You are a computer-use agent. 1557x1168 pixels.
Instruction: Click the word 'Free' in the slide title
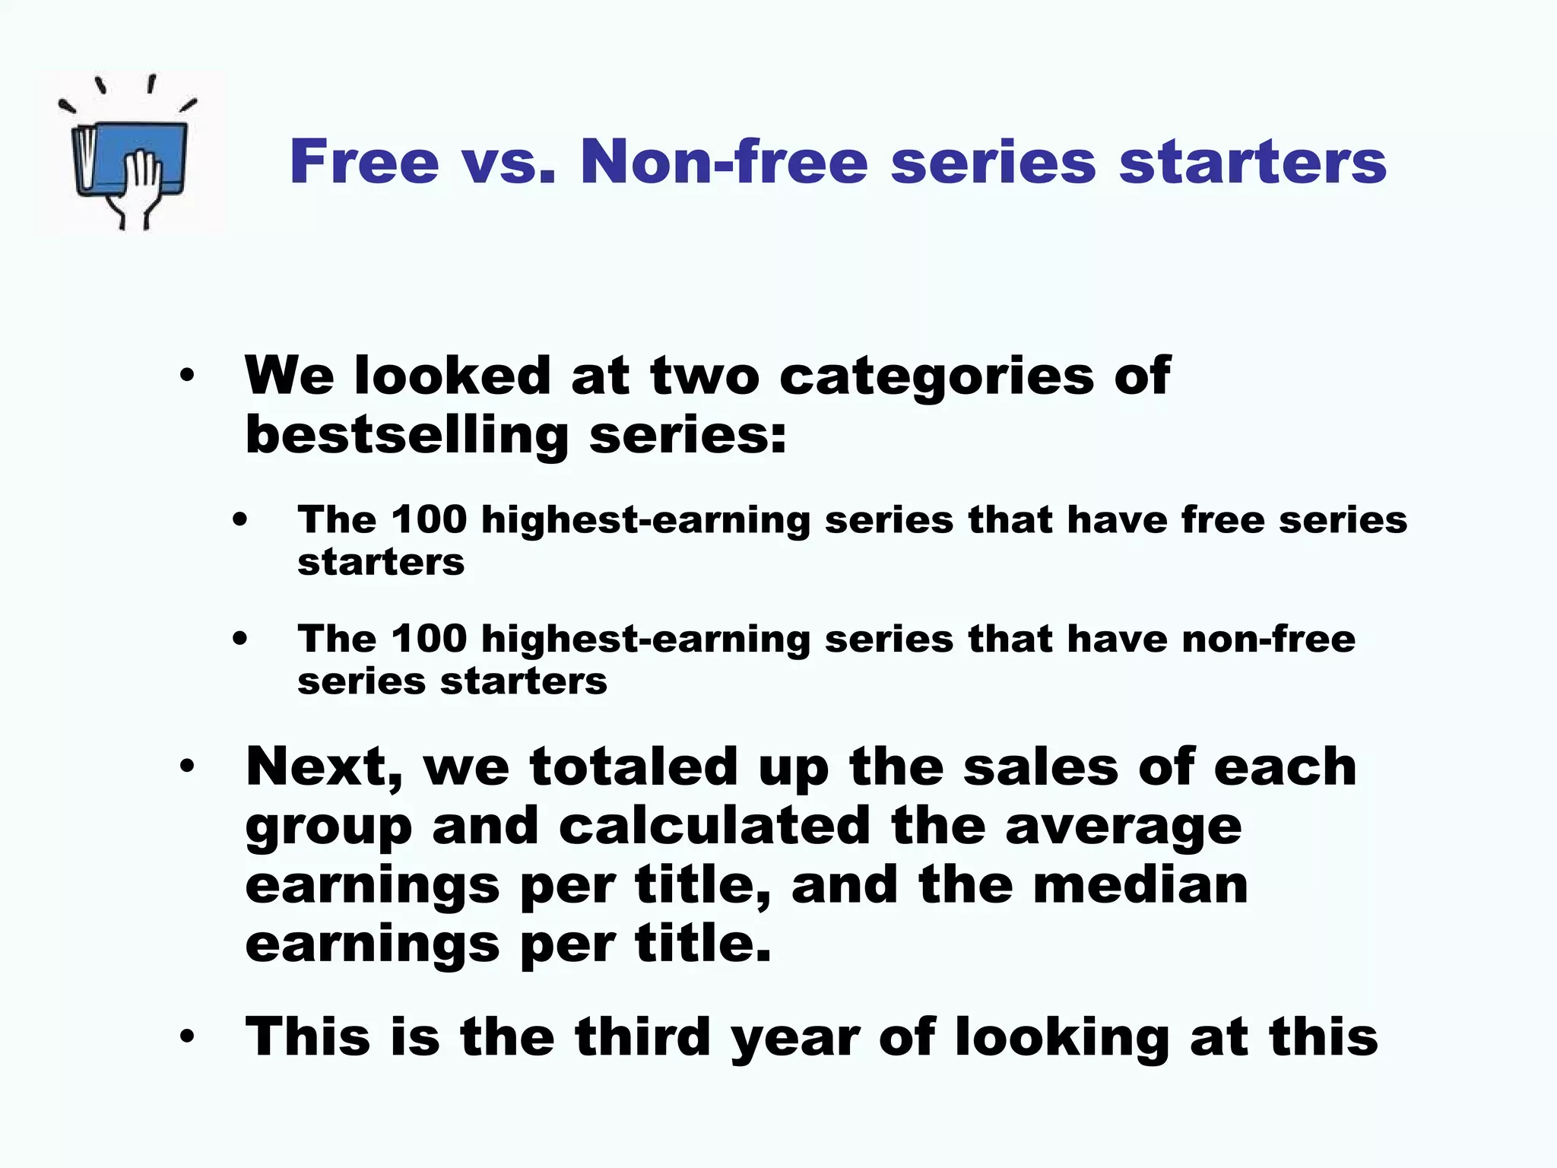click(364, 162)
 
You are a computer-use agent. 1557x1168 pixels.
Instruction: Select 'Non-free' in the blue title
click(723, 162)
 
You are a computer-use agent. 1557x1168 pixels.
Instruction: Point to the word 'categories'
click(936, 376)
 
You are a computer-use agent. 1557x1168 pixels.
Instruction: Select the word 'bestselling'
click(407, 435)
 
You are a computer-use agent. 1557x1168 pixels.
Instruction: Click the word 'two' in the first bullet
click(705, 376)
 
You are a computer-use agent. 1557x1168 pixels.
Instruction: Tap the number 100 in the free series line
click(429, 520)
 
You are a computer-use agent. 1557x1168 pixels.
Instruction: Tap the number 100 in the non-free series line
click(429, 639)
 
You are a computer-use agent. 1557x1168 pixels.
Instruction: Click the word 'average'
click(1124, 827)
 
